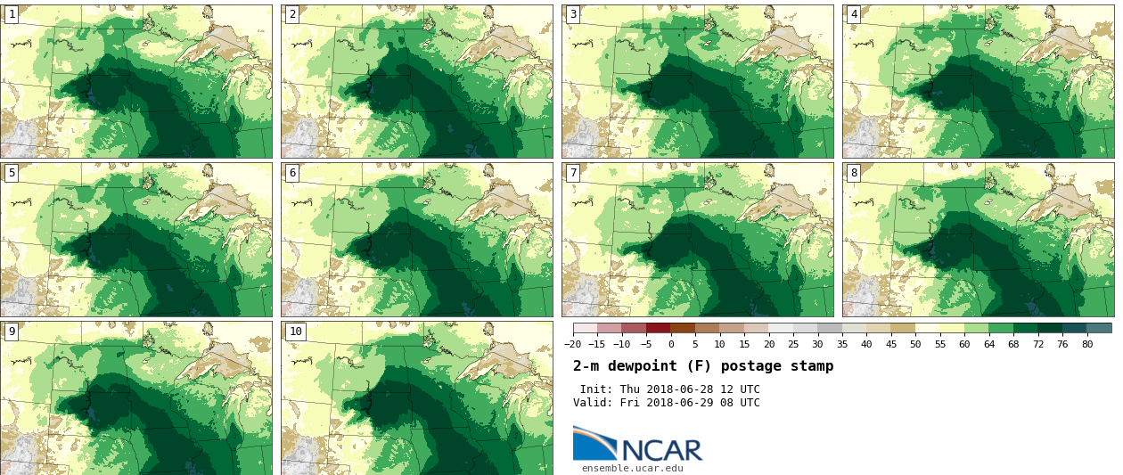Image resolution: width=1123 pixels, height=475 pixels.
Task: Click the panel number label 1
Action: [x=12, y=14]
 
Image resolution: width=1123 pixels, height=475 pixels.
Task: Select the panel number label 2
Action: [x=292, y=14]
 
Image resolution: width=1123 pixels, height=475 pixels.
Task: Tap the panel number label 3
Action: [x=573, y=14]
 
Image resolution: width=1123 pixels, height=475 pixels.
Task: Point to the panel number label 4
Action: [x=854, y=14]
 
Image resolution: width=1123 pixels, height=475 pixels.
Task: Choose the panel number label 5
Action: [x=12, y=173]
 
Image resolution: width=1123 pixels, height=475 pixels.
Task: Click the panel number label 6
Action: [x=292, y=173]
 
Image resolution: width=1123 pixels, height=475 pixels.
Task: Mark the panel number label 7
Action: [x=573, y=173]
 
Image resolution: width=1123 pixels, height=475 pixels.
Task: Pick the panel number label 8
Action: [x=854, y=173]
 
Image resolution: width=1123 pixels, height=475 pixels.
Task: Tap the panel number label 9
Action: [x=12, y=332]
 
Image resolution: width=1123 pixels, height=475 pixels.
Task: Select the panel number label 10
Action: [x=295, y=332]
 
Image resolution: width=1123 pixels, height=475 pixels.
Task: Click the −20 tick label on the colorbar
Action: [x=573, y=345]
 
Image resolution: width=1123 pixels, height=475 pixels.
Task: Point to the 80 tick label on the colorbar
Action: [x=1087, y=345]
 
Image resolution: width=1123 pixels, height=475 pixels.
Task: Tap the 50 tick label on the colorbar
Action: [x=915, y=345]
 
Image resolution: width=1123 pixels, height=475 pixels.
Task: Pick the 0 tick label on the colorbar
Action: [x=671, y=345]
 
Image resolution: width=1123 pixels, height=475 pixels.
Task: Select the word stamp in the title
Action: [x=812, y=366]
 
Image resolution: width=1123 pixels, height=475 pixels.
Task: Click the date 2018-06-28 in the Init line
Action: [x=686, y=389]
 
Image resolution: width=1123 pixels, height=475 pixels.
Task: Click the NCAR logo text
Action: [x=661, y=449]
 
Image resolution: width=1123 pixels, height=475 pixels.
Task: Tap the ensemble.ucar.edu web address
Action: [x=632, y=469]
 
